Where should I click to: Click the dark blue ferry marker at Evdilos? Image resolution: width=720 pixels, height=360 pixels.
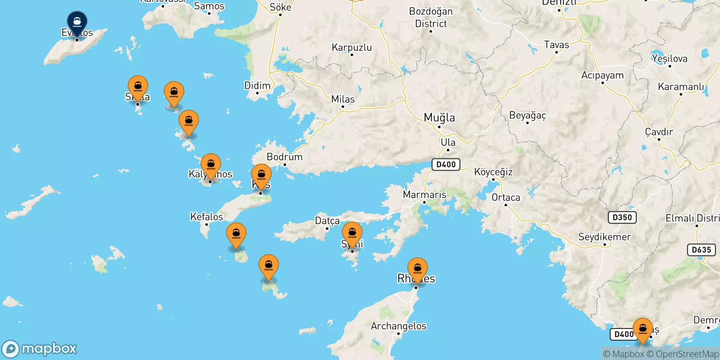77,21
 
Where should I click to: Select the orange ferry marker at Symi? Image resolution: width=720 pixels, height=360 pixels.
352,233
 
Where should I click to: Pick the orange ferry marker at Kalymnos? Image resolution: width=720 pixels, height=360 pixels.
211,165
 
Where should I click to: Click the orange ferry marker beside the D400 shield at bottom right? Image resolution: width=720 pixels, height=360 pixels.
643,329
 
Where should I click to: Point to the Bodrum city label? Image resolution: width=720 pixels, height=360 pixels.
284,157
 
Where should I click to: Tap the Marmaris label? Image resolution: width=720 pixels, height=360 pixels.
424,195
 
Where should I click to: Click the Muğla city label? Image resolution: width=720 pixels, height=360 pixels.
439,118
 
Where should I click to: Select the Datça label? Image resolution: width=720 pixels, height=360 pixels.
327,220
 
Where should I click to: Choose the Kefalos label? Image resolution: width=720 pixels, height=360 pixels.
207,217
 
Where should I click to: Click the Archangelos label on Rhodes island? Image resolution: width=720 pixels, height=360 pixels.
398,326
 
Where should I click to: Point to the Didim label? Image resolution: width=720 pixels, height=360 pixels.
257,85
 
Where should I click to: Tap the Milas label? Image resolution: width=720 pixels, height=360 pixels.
343,99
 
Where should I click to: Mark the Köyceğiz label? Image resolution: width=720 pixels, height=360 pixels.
493,172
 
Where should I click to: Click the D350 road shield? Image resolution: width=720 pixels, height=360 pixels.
622,217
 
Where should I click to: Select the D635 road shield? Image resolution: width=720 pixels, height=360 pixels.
702,250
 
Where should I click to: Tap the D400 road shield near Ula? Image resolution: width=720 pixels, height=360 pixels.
445,164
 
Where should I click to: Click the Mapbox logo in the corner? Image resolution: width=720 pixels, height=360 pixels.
40,349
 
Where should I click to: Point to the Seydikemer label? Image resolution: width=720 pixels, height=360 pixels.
604,237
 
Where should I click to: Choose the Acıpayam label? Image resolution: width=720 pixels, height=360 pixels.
602,75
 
